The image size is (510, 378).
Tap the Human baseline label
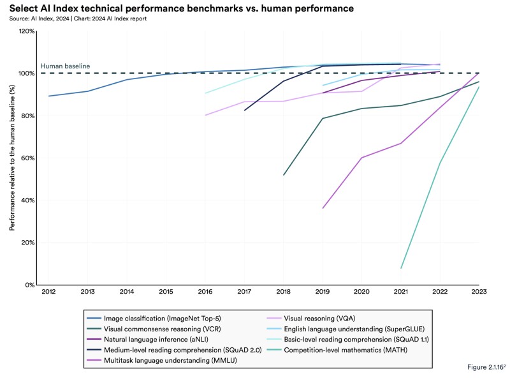click(65, 66)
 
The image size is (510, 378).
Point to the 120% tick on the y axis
click(26, 31)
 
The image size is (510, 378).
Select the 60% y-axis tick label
click(27, 158)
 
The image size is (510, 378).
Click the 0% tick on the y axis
click(29, 285)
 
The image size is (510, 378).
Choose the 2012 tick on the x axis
click(48, 292)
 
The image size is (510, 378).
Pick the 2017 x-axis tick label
click(244, 292)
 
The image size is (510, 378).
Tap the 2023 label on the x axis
click(479, 292)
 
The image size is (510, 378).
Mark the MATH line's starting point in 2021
click(401, 268)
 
